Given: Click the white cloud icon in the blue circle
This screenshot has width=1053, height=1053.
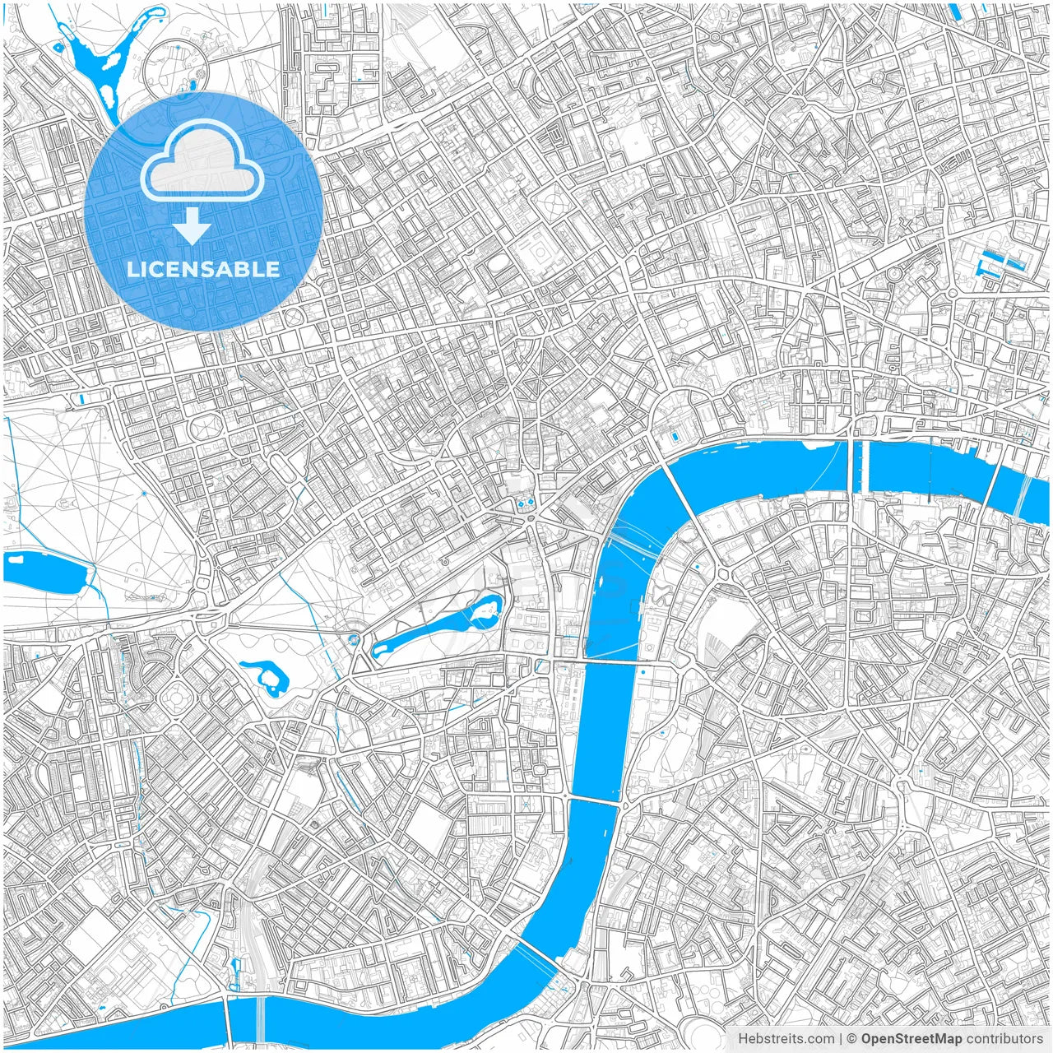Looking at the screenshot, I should click(202, 160).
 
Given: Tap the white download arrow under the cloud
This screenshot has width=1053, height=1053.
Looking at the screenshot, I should click(193, 225).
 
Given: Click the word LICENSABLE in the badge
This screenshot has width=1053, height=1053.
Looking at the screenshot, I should click(203, 270).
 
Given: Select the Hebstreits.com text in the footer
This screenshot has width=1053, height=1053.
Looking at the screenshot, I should click(786, 1039).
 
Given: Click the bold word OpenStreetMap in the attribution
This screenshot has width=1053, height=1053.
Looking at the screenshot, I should click(912, 1039).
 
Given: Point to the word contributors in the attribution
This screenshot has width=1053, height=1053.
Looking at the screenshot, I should click(1004, 1039).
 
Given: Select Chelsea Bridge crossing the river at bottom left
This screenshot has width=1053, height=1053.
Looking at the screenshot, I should click(260, 1020).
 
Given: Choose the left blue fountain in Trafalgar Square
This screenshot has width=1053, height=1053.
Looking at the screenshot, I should click(519, 501).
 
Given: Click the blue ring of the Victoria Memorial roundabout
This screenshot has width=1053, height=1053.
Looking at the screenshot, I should click(355, 639).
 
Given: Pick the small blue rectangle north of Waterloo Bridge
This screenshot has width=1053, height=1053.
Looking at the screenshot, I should click(676, 435).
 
